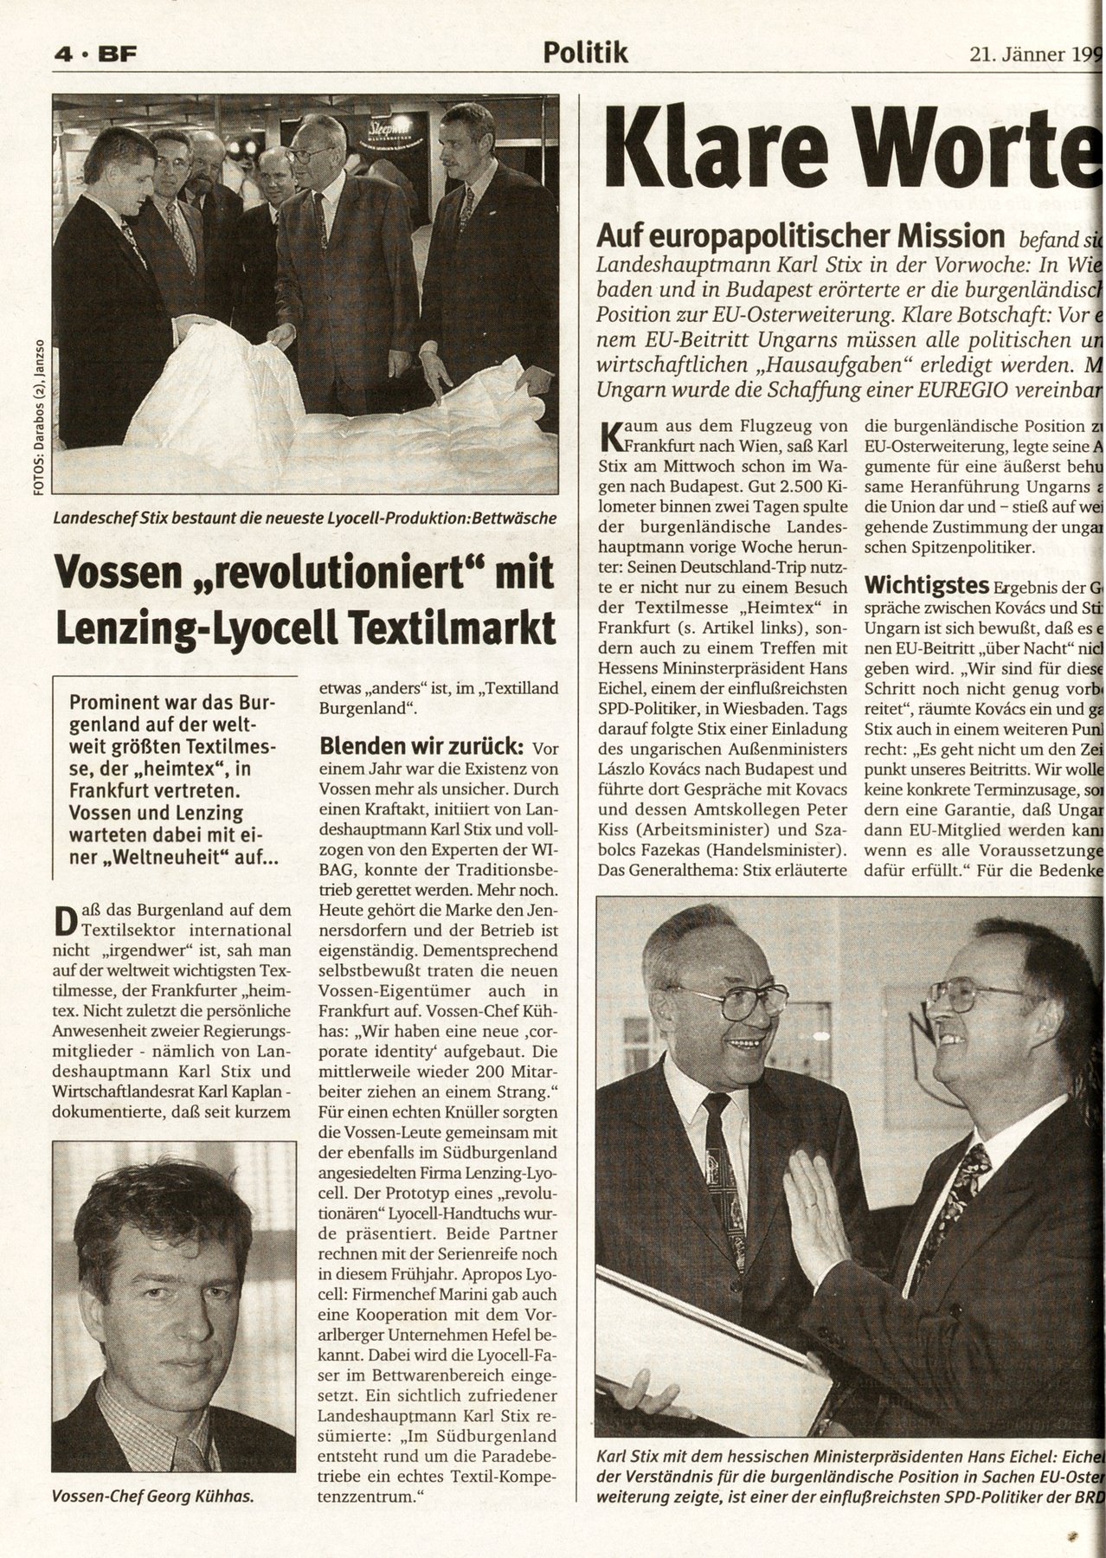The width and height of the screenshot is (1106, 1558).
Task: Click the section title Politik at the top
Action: (x=585, y=54)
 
